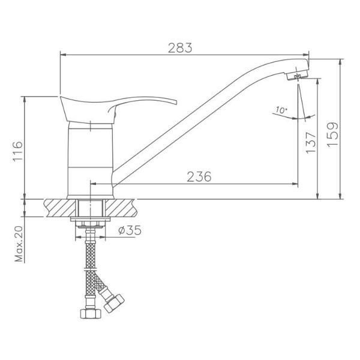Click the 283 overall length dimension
(180, 48)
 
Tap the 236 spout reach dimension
(199, 176)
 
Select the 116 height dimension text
(18, 151)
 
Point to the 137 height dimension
(311, 143)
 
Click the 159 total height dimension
(332, 134)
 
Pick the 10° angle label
(281, 110)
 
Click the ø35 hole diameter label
(130, 230)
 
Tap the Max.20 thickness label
(19, 244)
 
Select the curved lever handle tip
(175, 102)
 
